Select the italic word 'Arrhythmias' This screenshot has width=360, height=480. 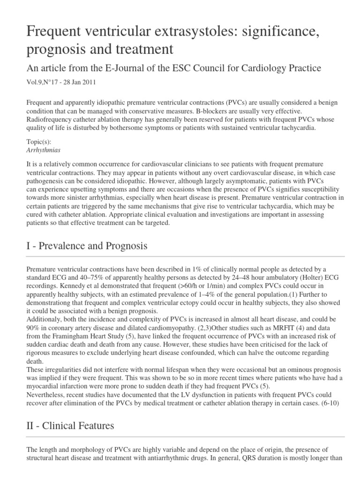44,151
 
